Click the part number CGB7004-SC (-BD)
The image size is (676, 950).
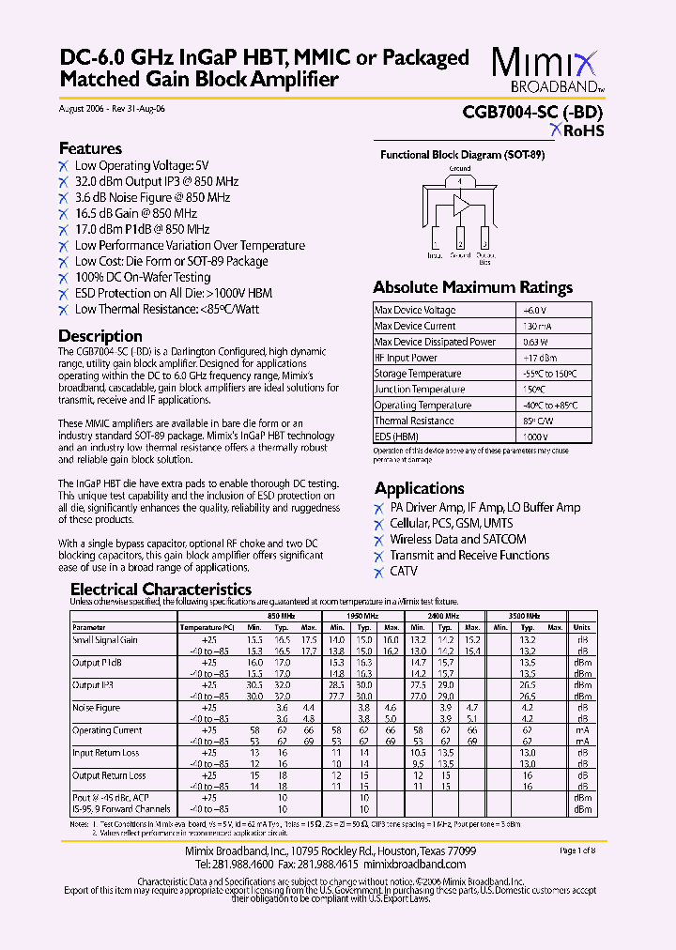click(532, 112)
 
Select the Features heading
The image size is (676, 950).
click(90, 148)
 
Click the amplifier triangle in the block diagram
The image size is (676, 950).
click(460, 206)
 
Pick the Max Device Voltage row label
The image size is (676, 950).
click(415, 311)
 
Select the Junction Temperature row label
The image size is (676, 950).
click(419, 390)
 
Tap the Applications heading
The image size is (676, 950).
click(419, 488)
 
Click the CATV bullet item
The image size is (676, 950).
click(404, 572)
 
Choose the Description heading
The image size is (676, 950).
click(100, 336)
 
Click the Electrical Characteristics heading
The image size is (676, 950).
click(161, 590)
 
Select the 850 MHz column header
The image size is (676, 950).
click(281, 616)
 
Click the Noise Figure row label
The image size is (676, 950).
click(97, 708)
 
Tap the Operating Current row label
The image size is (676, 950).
click(107, 730)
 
